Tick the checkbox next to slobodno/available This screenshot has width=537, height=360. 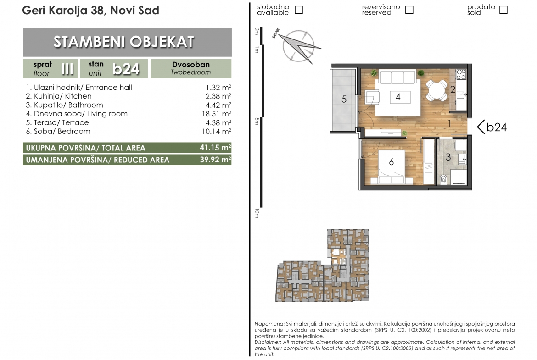click(299, 10)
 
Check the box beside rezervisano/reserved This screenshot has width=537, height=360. click(409, 10)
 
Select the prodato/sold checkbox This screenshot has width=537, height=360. click(503, 10)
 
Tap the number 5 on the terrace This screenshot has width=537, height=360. click(344, 99)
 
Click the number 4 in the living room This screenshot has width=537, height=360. click(398, 97)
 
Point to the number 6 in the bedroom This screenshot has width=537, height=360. click(392, 161)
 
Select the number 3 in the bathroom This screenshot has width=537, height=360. click(448, 157)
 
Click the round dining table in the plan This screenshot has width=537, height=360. click(436, 90)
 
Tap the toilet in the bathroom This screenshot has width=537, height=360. click(443, 179)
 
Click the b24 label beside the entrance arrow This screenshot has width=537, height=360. click(497, 127)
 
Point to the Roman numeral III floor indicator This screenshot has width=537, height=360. click(67, 69)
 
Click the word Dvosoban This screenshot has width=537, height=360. click(191, 65)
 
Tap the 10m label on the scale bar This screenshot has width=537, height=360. click(257, 214)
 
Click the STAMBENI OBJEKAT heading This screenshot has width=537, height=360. click(123, 42)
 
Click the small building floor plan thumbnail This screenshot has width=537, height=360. click(322, 266)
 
